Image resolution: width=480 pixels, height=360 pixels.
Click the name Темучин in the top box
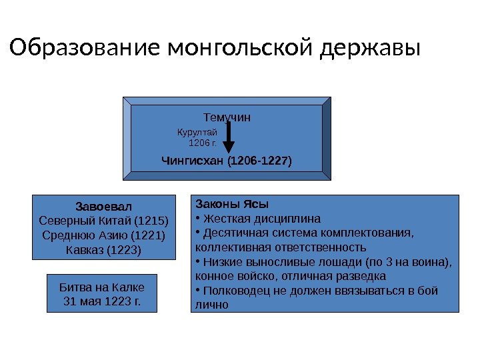coord(227,117)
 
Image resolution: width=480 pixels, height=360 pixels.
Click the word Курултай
coord(193,133)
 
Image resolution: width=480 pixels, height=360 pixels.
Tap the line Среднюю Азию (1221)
coord(104,235)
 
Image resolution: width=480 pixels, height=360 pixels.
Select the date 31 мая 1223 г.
coord(102,301)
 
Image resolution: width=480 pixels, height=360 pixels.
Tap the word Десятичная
coord(233,233)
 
